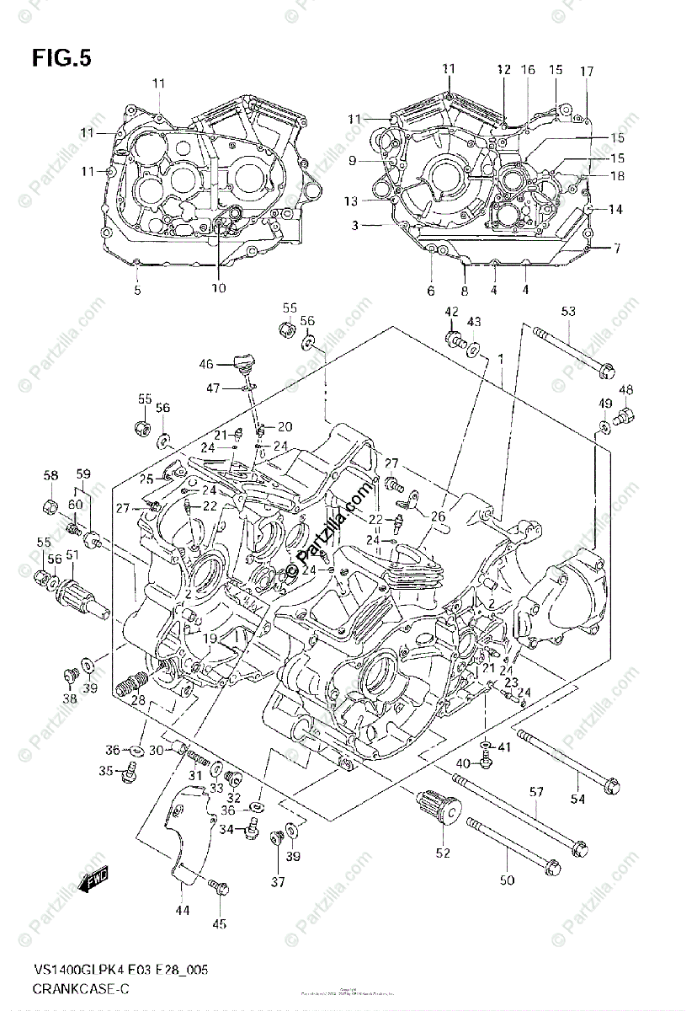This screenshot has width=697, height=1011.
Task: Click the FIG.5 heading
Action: [x=61, y=59]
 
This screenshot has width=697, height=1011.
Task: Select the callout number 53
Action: [x=568, y=313]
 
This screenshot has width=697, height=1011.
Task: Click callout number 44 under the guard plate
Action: [x=183, y=910]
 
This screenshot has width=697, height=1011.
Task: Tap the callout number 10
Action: [x=218, y=288]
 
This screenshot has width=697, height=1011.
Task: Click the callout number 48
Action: [x=625, y=389]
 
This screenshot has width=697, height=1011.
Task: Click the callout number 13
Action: [x=350, y=201]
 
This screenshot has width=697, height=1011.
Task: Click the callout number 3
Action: [x=355, y=225]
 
